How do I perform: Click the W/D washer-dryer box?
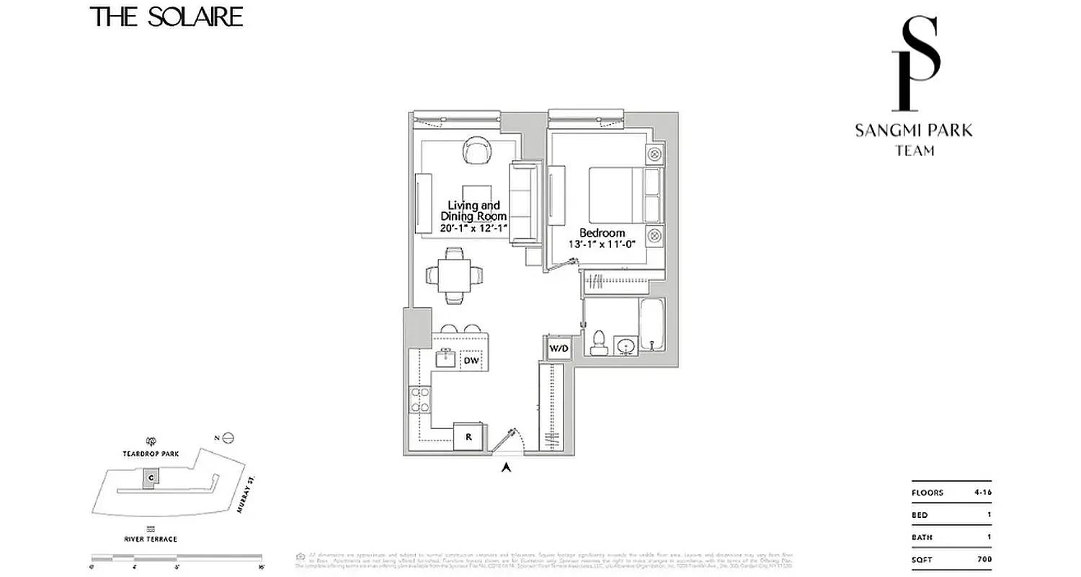coord(559,349)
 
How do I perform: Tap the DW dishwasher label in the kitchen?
coord(471,360)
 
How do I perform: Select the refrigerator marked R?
coord(468,436)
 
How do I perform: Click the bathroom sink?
coord(626,348)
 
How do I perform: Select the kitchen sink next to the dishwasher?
coord(445,358)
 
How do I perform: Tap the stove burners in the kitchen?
coord(419,400)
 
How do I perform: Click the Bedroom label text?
coord(602,233)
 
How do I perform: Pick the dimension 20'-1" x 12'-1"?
coord(473,228)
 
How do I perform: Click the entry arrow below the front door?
coord(507,467)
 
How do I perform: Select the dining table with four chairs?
coord(455,275)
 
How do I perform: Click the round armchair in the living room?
coord(477,151)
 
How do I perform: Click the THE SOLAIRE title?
coord(166,17)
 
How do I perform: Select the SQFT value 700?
coord(984,560)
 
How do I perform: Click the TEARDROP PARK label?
coord(151,454)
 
